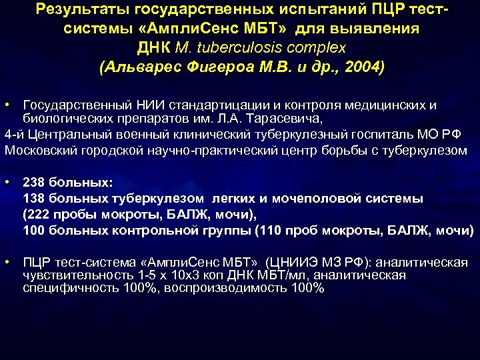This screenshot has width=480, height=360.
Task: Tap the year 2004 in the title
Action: coord(361,67)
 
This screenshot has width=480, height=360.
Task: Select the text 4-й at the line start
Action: coord(14,134)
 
